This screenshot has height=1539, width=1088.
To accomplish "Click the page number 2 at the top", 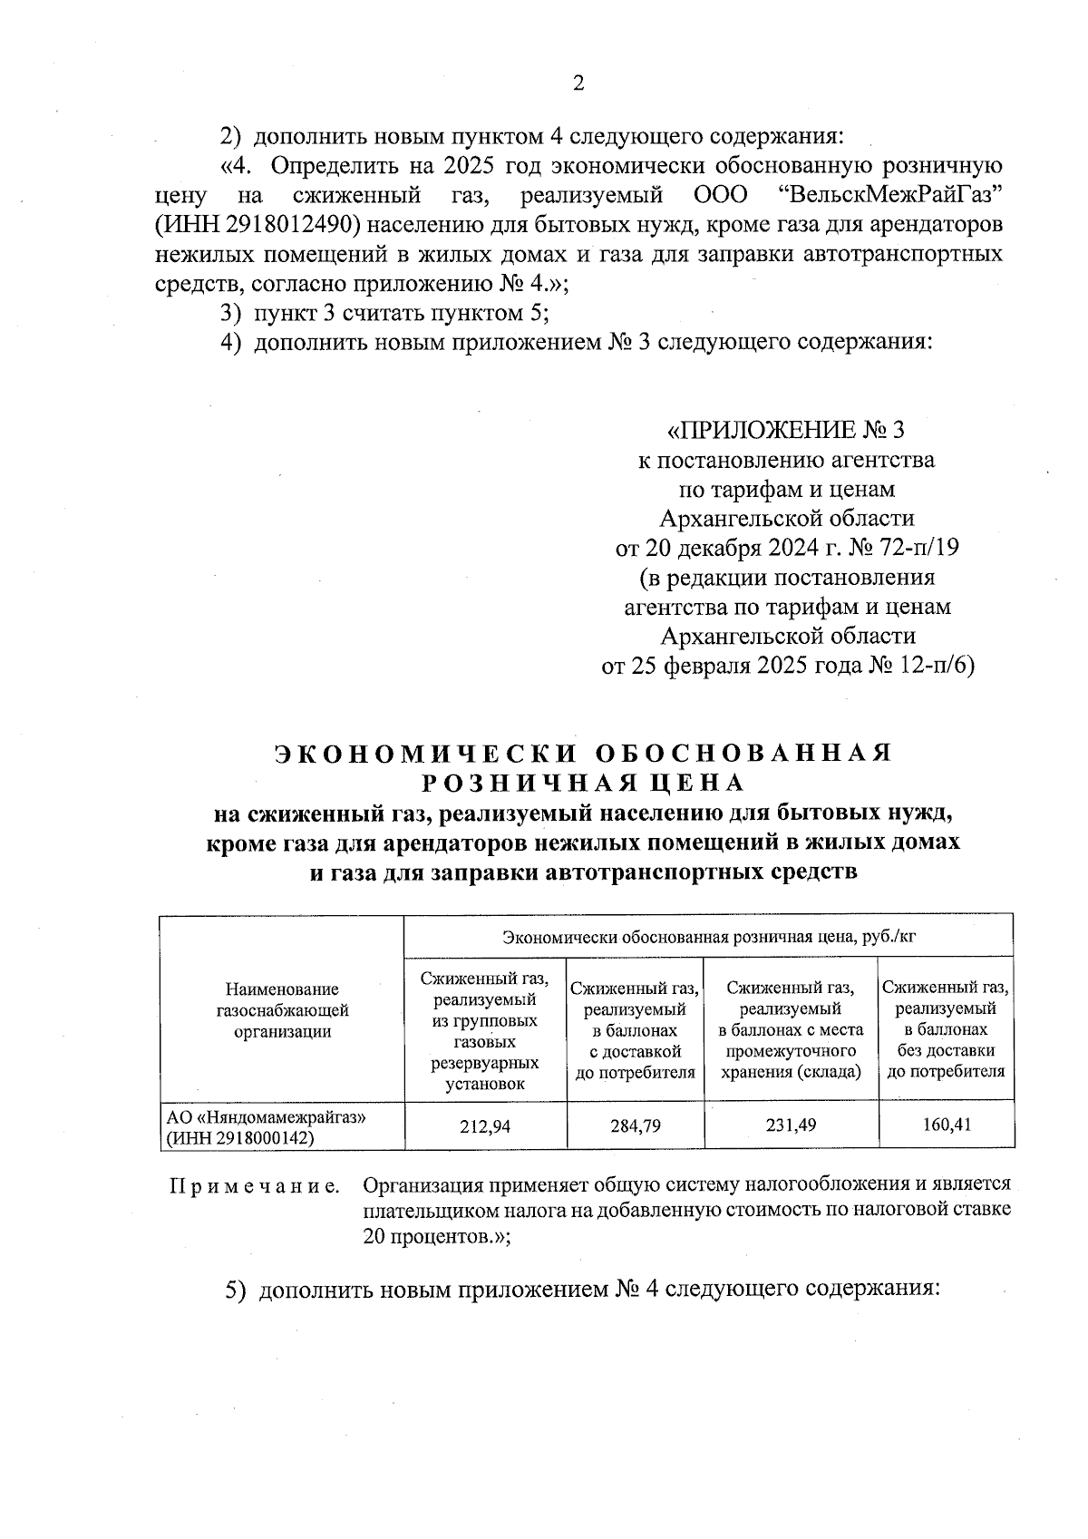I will pos(578,84).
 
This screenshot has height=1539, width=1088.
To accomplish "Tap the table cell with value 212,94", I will pos(485,1125).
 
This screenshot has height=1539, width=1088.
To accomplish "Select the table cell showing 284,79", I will pos(636,1125).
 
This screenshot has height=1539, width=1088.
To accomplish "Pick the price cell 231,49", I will pos(791,1125).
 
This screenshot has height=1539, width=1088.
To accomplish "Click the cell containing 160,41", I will pos(947,1125).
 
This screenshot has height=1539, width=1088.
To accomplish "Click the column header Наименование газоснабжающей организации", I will pos(282,1009).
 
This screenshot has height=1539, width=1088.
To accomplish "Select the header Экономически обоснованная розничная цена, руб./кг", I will pos(709,936).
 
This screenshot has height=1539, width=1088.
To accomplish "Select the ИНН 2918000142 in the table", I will pos(239,1138).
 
